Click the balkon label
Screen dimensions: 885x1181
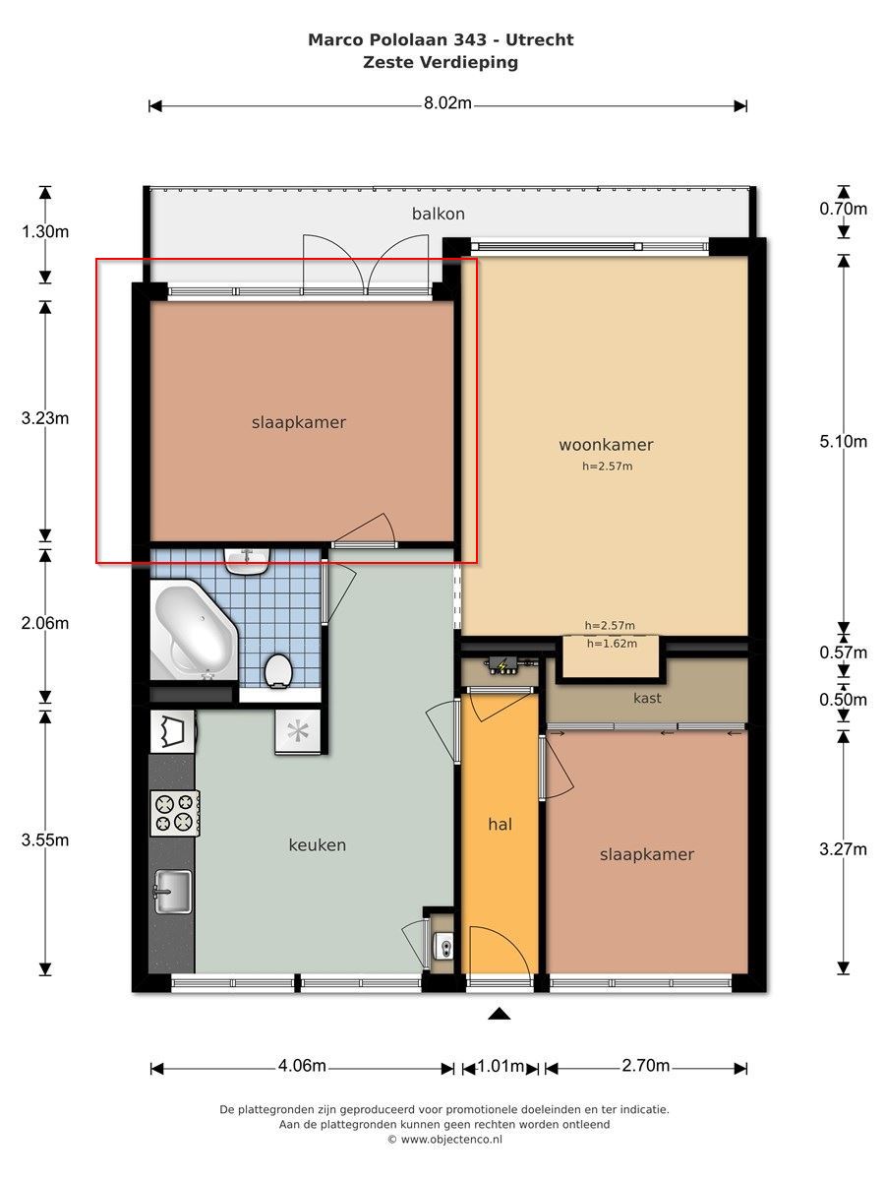tap(438, 215)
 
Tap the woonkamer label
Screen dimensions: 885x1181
tap(606, 445)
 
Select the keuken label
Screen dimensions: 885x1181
tap(317, 844)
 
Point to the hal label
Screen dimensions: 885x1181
tap(500, 825)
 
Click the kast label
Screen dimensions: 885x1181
tap(647, 698)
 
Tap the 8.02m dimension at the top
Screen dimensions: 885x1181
tap(447, 103)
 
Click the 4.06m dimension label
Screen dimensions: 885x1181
tap(302, 1065)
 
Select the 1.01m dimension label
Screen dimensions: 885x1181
tap(501, 1065)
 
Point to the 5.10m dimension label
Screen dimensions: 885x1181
tap(843, 441)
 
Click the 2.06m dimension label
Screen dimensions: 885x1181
tap(45, 623)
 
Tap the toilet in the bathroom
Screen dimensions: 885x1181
tap(278, 670)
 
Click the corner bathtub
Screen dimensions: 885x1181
tap(194, 630)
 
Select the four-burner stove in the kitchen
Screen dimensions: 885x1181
tap(175, 813)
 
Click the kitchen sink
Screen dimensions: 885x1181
tap(173, 892)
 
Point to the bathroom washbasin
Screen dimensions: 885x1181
tap(247, 561)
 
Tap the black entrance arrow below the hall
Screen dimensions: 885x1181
tap(500, 1015)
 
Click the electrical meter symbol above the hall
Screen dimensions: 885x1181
tap(501, 666)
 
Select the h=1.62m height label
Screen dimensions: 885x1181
tap(612, 644)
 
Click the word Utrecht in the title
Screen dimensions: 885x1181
tap(540, 39)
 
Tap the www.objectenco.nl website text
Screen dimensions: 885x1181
tap(451, 1139)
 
